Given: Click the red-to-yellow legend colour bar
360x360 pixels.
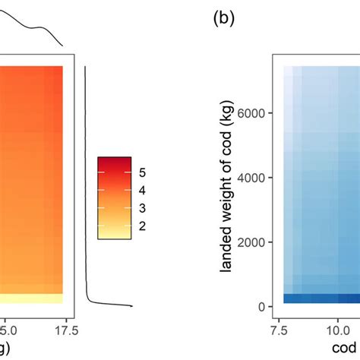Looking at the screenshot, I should coord(114,197).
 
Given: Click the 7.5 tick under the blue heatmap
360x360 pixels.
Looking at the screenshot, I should coord(286,330).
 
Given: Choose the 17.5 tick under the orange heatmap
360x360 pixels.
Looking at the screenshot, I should coord(66,330).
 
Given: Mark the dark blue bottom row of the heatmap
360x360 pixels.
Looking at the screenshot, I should coord(319,298).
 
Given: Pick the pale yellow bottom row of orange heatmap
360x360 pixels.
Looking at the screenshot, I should coord(30,298).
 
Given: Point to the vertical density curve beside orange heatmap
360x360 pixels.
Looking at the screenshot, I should coord(87,190).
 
